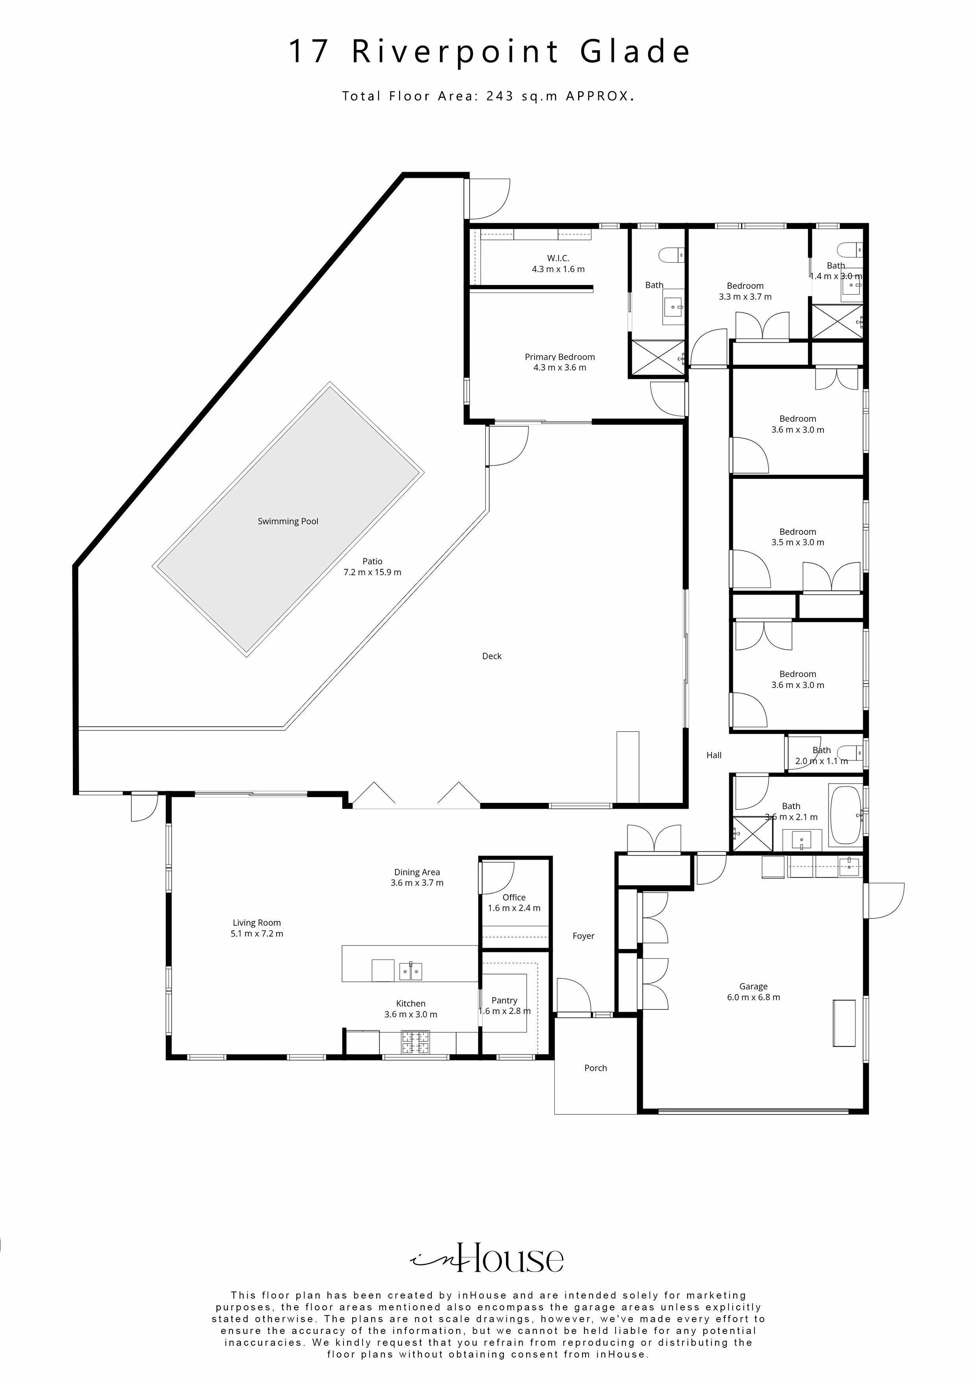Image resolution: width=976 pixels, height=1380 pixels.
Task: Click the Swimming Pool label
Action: point(288,521)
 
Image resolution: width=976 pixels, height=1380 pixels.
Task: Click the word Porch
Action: point(595,1068)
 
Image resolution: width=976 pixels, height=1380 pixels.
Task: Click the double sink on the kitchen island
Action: point(411,971)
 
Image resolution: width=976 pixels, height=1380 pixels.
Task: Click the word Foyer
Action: point(583,936)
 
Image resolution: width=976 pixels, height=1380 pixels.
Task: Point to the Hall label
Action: point(714,755)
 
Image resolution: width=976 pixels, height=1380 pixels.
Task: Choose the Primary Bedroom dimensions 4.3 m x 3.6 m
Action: point(559,368)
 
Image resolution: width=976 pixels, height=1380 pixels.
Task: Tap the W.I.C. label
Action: point(558,258)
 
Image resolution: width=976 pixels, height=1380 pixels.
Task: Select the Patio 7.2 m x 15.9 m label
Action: point(372,567)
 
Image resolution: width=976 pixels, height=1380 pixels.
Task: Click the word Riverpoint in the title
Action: point(455,51)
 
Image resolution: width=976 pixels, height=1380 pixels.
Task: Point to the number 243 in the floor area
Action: point(500,96)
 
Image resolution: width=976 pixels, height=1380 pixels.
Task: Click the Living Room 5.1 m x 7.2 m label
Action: point(257,928)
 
